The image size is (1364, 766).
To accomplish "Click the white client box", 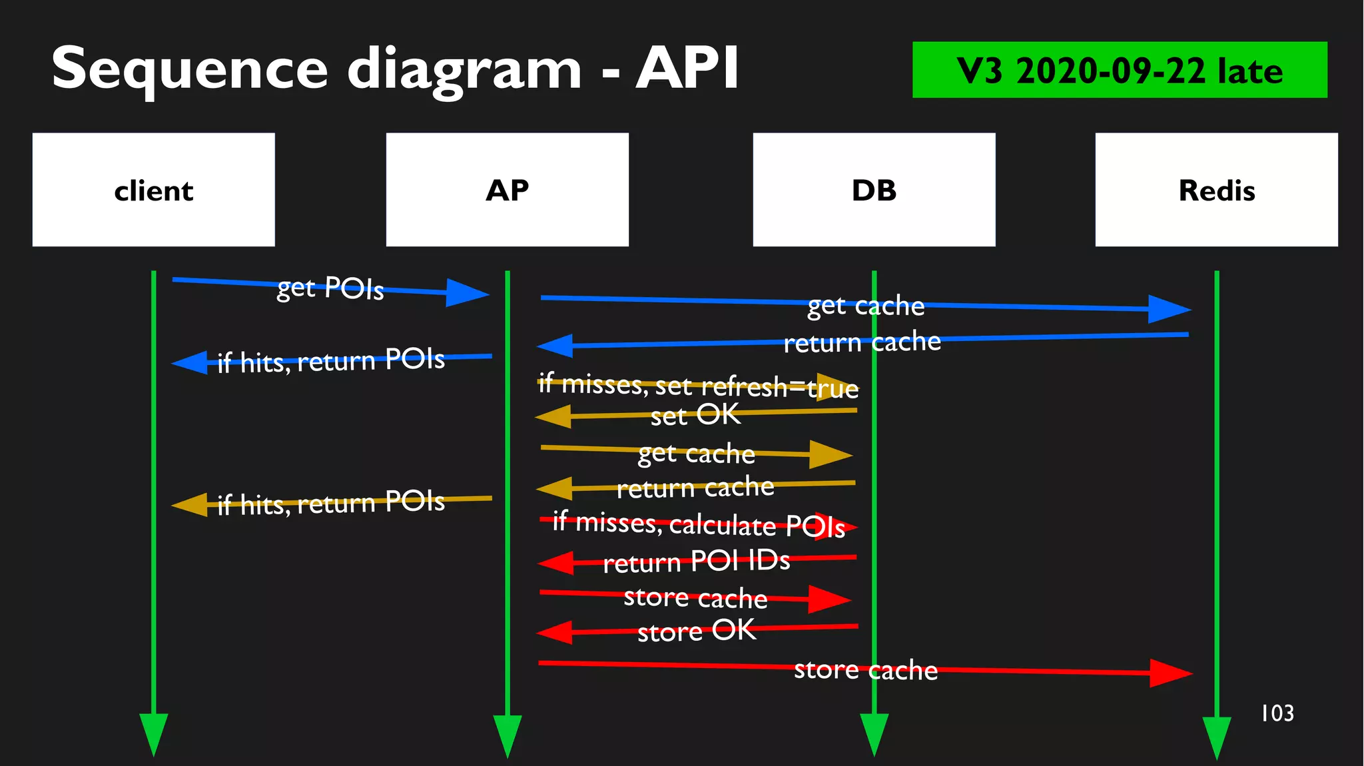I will click(x=153, y=190).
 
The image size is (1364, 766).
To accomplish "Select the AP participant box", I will click(x=507, y=190).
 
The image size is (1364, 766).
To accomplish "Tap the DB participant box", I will click(x=874, y=190).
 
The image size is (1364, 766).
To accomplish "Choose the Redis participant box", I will click(x=1216, y=190).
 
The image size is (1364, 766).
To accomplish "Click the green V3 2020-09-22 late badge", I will click(x=1119, y=70).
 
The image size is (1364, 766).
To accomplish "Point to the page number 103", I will click(x=1277, y=713).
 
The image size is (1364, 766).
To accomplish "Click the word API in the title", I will click(x=687, y=68).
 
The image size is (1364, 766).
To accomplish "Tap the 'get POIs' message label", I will click(x=330, y=288).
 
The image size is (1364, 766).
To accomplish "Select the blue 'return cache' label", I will click(x=862, y=342).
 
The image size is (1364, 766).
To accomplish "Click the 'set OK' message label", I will click(x=695, y=415).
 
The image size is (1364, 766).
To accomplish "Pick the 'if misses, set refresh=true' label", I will click(x=698, y=386).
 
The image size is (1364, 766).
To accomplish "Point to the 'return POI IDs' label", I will click(x=696, y=562).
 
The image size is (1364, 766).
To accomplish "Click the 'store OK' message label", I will click(x=697, y=630).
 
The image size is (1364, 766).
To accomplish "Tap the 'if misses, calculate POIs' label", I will click(x=699, y=524).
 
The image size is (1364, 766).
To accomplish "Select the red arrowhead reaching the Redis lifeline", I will click(x=1170, y=673).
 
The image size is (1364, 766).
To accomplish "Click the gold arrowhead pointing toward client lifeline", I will click(x=190, y=505).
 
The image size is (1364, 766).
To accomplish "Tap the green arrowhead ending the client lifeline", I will click(x=153, y=733).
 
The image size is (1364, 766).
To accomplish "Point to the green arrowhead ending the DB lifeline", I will click(x=874, y=733).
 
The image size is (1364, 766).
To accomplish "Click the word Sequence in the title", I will click(x=190, y=69).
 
